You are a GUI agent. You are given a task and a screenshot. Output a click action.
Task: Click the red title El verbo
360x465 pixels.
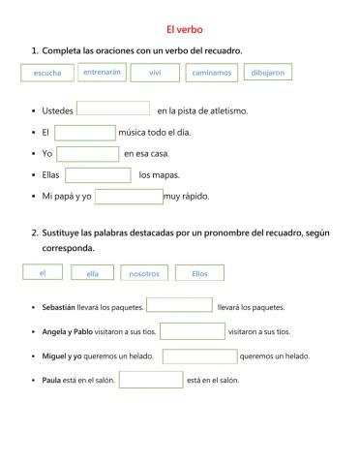pyautogui.click(x=179, y=29)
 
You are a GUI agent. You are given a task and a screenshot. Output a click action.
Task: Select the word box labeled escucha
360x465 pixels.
pyautogui.click(x=46, y=73)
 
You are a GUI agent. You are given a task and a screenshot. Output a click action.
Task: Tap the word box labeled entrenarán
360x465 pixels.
pyautogui.click(x=103, y=72)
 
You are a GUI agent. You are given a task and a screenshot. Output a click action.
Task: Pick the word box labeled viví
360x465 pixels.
pyautogui.click(x=154, y=73)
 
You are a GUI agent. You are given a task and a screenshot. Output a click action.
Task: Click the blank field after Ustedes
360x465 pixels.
pyautogui.click(x=112, y=109)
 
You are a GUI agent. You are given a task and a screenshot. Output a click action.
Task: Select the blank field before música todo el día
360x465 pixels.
pyautogui.click(x=84, y=133)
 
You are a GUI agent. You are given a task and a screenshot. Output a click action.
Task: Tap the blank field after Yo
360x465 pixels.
pyautogui.click(x=88, y=154)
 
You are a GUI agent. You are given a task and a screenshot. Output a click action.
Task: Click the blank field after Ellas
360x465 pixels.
pyautogui.click(x=98, y=175)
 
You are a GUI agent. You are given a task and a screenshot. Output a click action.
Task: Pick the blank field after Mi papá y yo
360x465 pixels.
pyautogui.click(x=129, y=197)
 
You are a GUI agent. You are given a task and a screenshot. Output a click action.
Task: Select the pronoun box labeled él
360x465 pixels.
pyautogui.click(x=44, y=272)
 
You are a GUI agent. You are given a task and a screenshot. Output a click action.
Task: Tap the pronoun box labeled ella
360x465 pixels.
pyautogui.click(x=92, y=273)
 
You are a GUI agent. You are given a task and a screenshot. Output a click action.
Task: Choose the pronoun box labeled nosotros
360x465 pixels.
pyautogui.click(x=144, y=273)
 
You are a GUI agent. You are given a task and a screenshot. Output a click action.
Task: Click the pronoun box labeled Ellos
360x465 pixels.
pyautogui.click(x=199, y=273)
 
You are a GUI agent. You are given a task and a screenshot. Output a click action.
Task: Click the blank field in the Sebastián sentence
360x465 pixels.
pyautogui.click(x=179, y=306)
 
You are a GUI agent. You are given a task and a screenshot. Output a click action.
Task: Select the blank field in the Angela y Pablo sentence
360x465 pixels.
pyautogui.click(x=192, y=330)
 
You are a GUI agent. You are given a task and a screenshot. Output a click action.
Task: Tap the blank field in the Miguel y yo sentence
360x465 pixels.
pyautogui.click(x=199, y=356)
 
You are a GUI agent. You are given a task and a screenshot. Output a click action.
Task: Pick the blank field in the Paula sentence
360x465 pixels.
pyautogui.click(x=150, y=379)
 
